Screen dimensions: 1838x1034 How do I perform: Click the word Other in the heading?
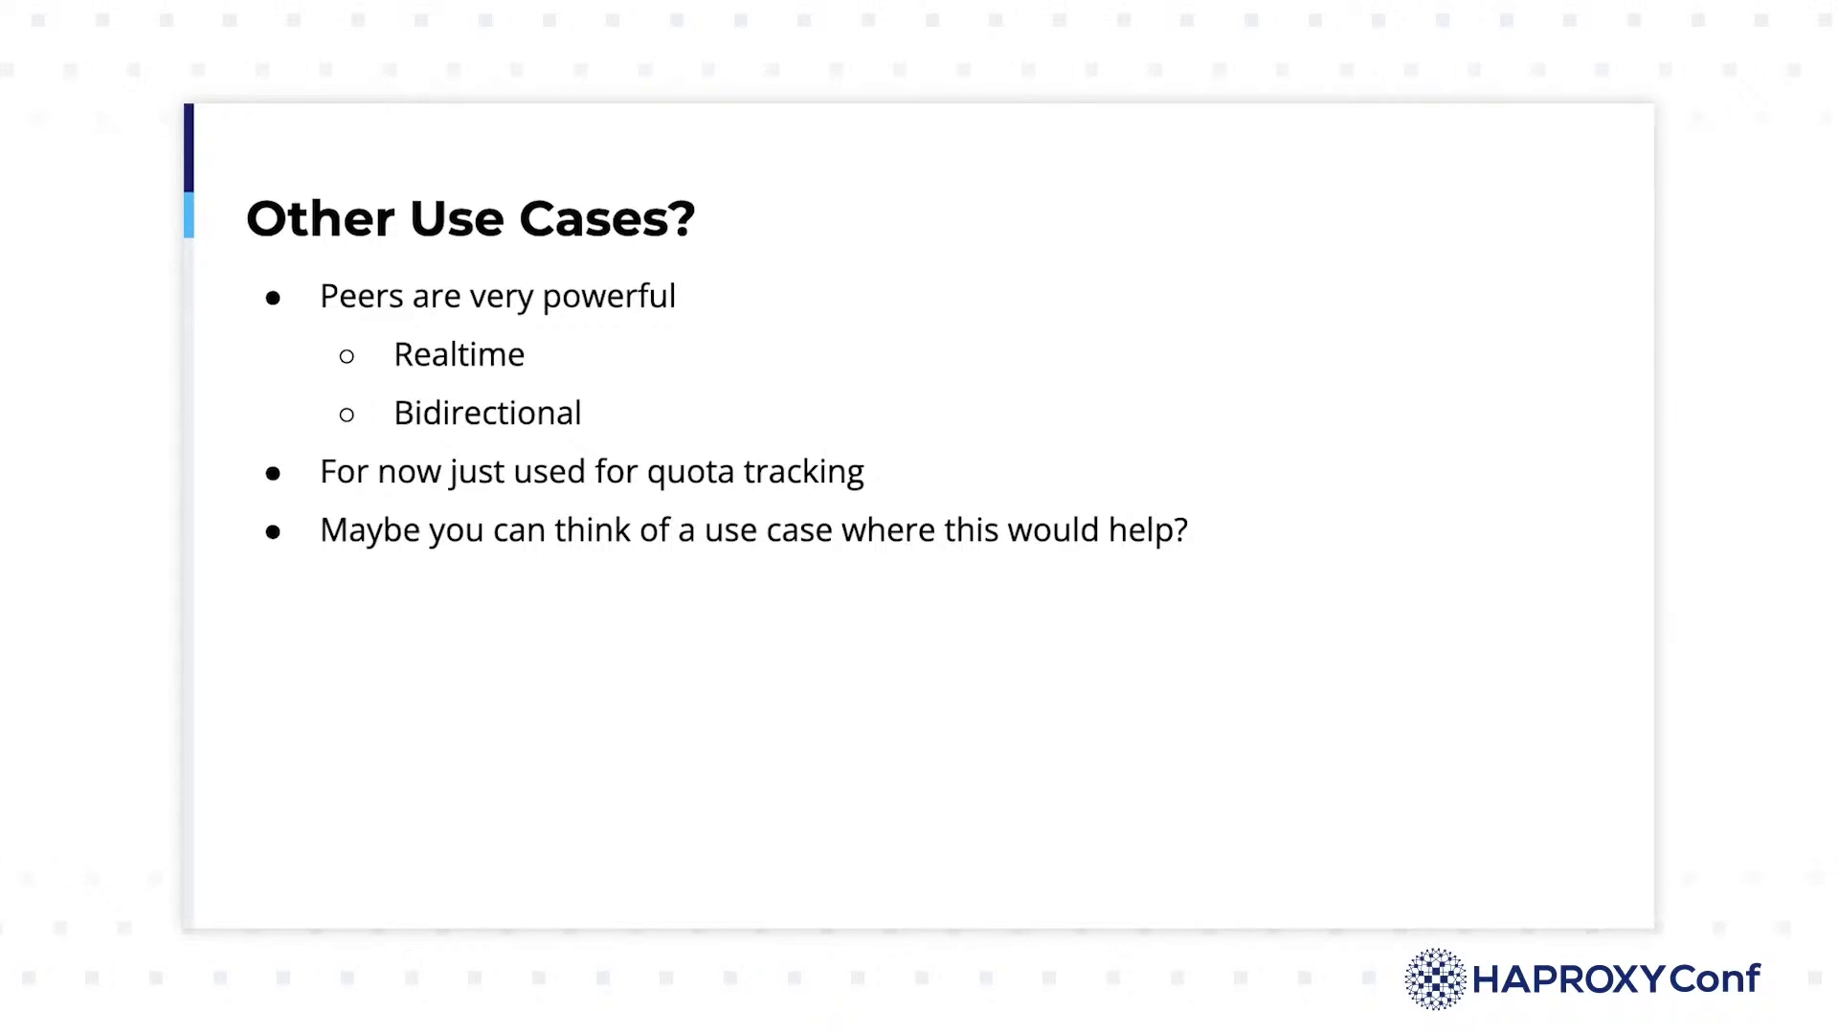320,218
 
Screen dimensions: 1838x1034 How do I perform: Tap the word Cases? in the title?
607,218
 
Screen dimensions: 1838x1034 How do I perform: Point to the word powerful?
609,298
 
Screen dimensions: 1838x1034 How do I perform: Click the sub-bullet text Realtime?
459,355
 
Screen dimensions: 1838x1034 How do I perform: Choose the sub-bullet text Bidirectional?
487,414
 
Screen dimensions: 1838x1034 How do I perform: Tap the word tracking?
804,473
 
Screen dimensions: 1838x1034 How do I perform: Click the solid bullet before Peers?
274,299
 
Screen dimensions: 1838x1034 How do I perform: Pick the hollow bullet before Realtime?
347,357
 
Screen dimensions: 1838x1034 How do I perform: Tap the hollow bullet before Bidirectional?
347,416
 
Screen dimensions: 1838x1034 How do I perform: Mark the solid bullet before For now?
274,474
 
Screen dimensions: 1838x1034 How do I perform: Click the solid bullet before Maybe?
274,532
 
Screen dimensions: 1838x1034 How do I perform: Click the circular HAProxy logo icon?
1435,979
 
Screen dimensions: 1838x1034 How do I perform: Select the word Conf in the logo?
1715,978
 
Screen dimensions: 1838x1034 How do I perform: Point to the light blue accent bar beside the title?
189,215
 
